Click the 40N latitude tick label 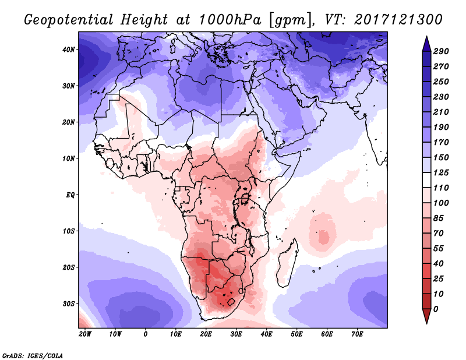[68, 50]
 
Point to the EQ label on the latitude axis [70, 195]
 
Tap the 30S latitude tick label [68, 303]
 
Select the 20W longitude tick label [85, 334]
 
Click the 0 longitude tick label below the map [145, 334]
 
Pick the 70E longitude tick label [357, 334]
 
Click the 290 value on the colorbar [441, 51]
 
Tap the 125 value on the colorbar [441, 172]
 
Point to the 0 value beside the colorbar [436, 309]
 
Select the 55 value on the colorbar [439, 249]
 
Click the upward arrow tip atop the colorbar [426, 37]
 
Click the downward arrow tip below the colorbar [426, 323]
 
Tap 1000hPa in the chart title [230, 20]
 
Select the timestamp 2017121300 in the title [398, 20]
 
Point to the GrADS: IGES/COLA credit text [33, 356]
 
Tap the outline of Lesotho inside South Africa [231, 303]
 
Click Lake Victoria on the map [245, 197]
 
